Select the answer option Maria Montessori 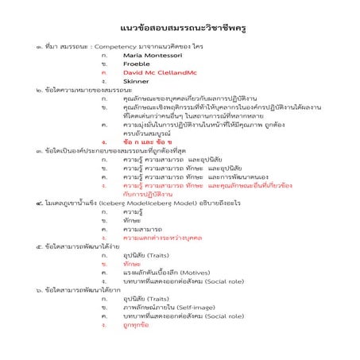[155, 56]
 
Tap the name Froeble [139, 64]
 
